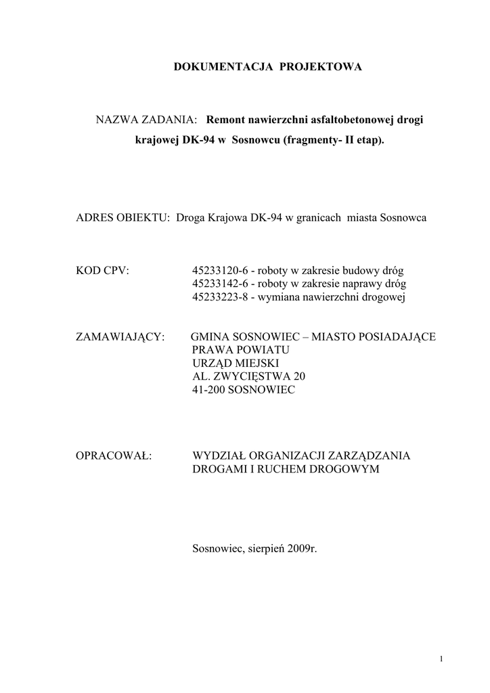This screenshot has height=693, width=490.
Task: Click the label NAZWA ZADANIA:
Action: (x=146, y=120)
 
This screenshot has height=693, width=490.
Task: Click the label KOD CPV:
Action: (x=103, y=270)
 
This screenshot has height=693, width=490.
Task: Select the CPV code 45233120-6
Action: (x=220, y=270)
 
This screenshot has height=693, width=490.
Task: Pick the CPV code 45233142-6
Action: (x=220, y=283)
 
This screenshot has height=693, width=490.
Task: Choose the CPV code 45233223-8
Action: (x=220, y=296)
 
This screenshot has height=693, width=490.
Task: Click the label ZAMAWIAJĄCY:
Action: (x=120, y=336)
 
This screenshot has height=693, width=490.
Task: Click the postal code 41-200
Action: (x=210, y=390)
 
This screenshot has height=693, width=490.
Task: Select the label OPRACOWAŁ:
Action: (x=114, y=455)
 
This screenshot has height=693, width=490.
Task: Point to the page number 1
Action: (x=441, y=659)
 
